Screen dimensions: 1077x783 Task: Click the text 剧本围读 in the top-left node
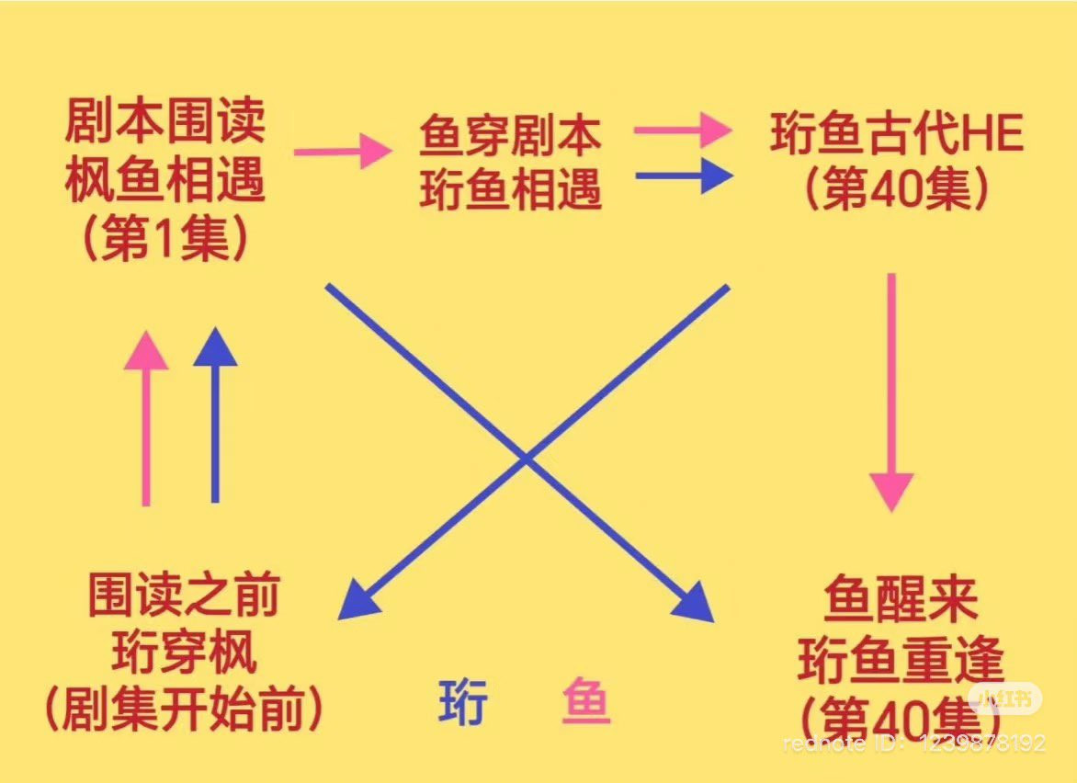[165, 121]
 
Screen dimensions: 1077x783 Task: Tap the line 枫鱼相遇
[165, 181]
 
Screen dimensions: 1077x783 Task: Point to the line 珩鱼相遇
[510, 191]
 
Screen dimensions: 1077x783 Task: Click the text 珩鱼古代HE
[897, 136]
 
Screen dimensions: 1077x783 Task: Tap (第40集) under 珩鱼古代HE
[897, 191]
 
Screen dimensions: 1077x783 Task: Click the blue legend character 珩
[462, 703]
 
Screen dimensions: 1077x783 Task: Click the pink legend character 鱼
[584, 703]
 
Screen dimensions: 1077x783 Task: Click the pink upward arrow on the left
[146, 418]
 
